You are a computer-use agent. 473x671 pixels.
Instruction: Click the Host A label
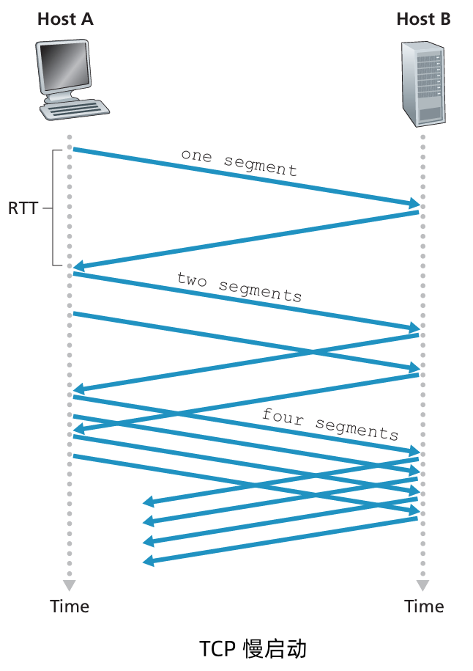coord(65,19)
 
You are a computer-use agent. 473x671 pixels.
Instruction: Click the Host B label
coord(423,19)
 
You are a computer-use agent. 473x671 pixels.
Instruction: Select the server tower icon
coord(423,82)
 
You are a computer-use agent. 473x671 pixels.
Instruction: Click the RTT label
coord(23,208)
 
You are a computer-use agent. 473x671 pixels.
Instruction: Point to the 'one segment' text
coord(239,161)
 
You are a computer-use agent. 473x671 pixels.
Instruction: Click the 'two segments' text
coord(239,287)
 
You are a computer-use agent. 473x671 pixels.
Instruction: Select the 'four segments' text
coord(329,423)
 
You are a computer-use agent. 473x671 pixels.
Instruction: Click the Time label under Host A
coord(70,606)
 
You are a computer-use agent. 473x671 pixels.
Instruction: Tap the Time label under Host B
coord(424,606)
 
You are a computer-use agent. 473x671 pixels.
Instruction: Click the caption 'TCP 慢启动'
coord(253,649)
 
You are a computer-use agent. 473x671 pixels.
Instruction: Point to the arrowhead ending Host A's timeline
coord(69,585)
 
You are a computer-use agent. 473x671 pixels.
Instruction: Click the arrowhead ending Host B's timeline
coord(422,585)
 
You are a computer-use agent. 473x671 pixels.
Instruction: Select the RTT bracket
coord(55,208)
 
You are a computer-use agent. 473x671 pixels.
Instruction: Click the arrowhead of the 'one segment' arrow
coord(415,203)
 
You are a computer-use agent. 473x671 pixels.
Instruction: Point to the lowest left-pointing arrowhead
coord(147,561)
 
